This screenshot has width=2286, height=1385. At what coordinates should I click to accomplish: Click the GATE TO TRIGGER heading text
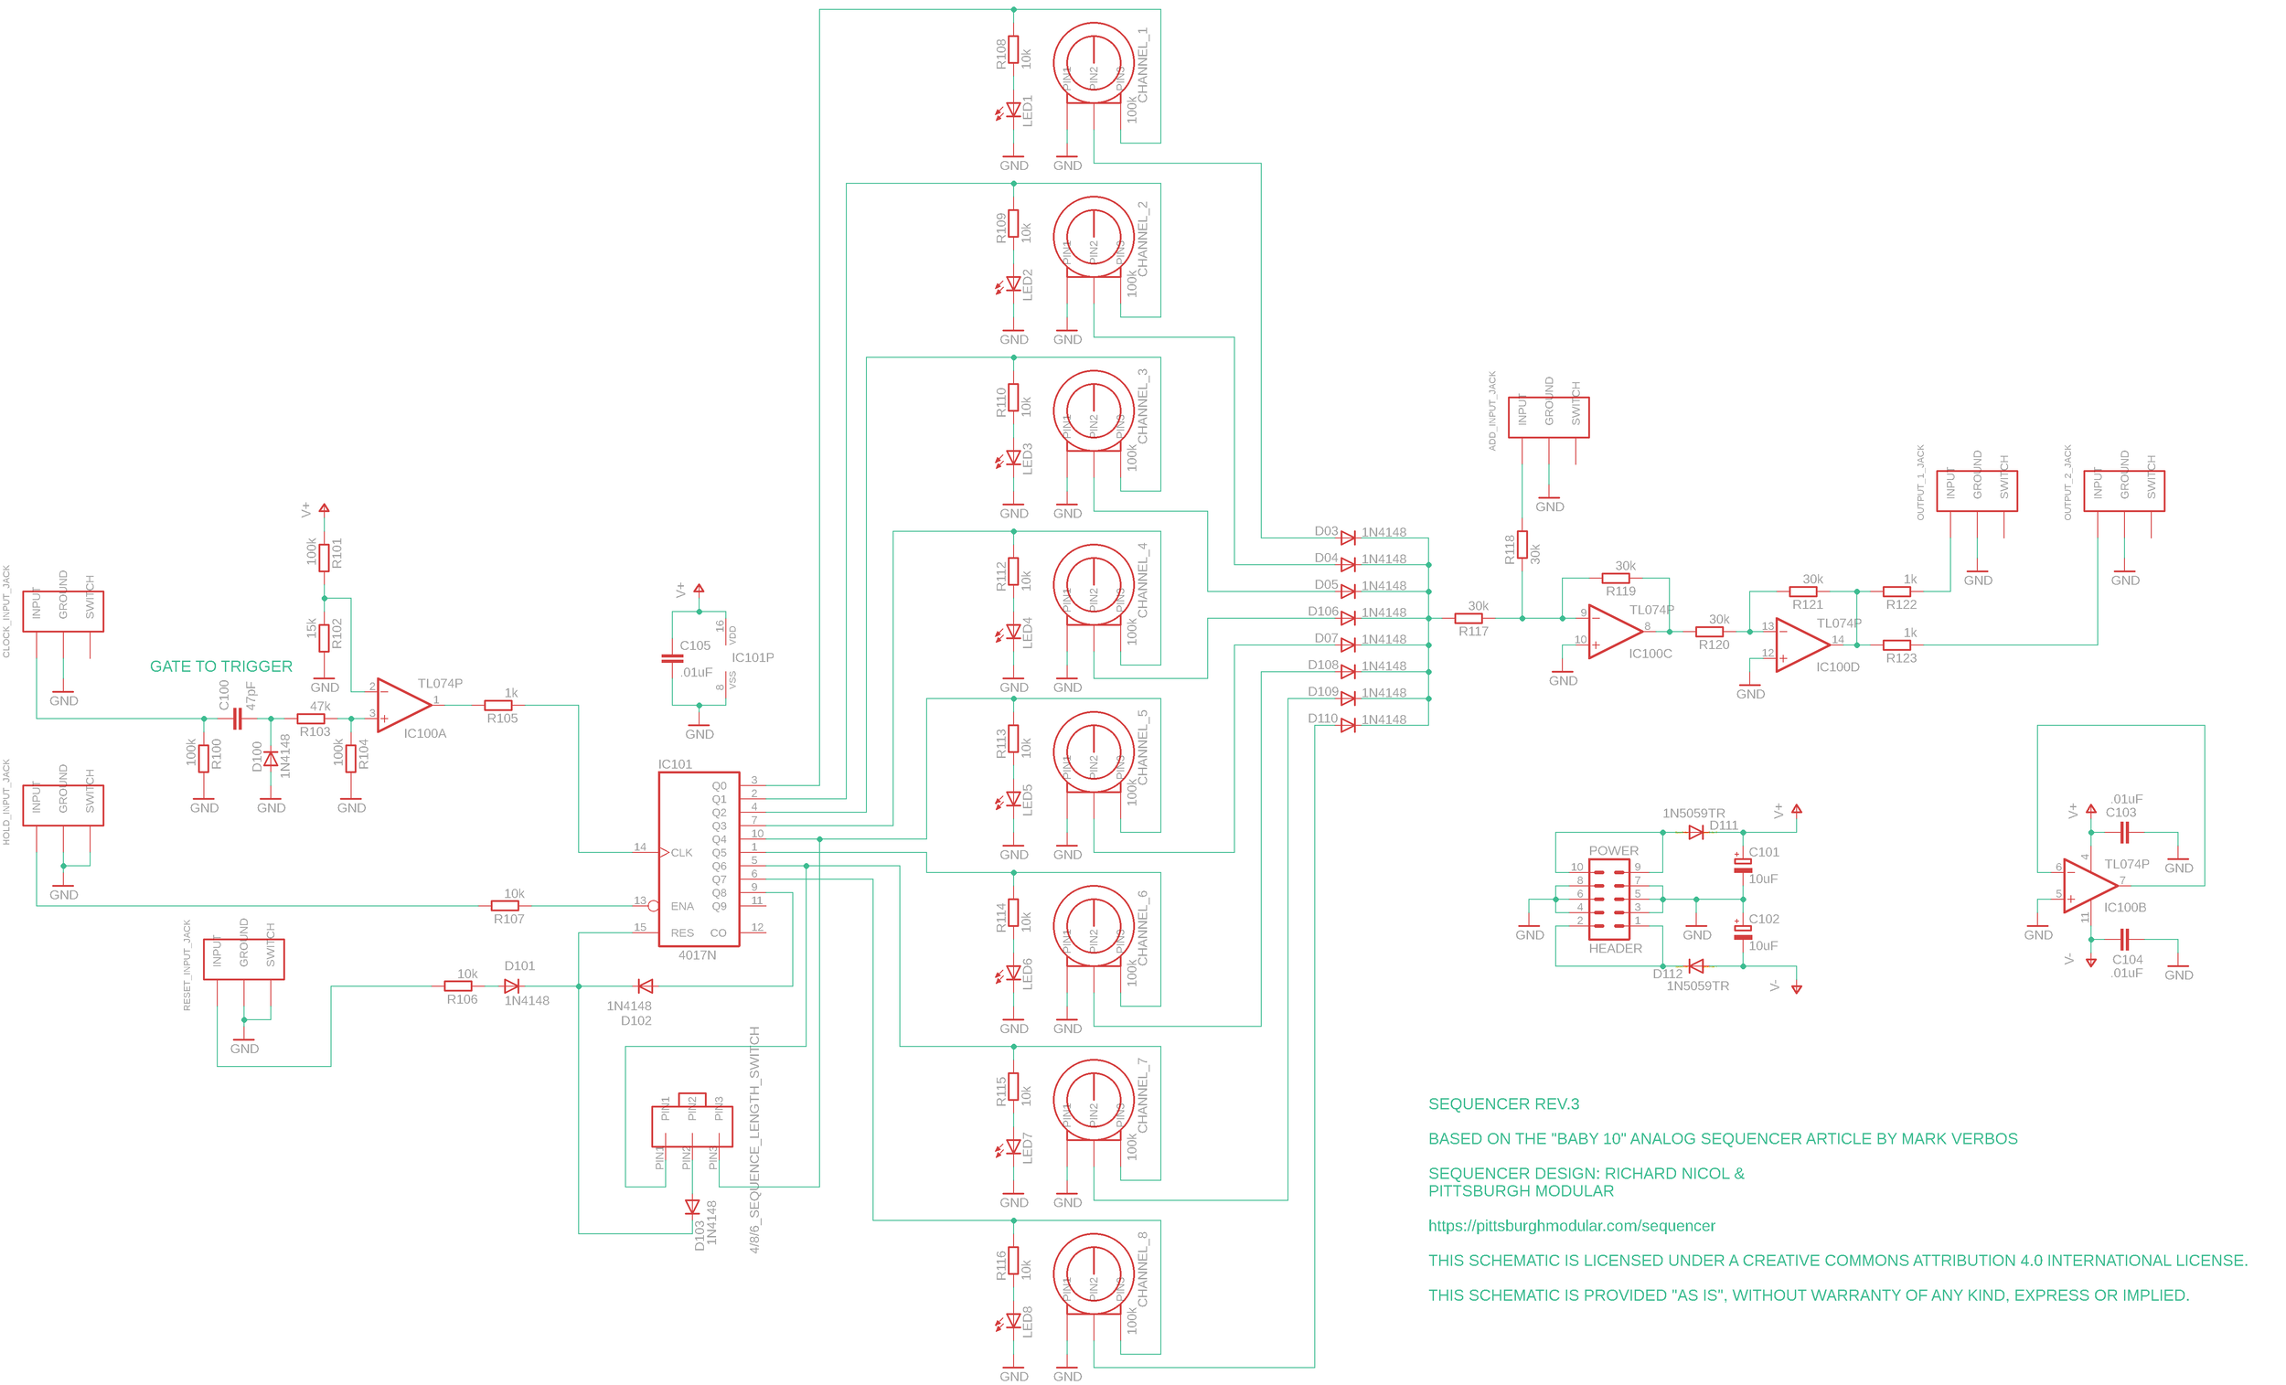pos(220,666)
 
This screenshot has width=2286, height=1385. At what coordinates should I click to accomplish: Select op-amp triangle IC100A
pos(402,705)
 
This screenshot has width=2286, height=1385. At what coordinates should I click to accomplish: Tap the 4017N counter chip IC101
pos(699,859)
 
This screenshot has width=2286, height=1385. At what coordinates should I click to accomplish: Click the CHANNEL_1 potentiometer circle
pos(1093,62)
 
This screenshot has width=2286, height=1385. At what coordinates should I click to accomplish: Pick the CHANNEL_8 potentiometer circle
pos(1093,1273)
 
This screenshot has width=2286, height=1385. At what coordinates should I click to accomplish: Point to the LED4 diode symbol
pos(1013,632)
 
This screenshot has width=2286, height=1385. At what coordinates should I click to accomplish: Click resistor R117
pos(1468,618)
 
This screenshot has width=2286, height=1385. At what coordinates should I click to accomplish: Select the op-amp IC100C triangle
pos(1612,632)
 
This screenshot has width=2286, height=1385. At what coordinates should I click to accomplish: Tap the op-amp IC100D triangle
pos(1800,645)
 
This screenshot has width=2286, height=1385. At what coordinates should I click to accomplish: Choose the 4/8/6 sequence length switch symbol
pos(692,1124)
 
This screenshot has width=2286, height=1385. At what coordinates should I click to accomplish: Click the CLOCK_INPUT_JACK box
pos(63,612)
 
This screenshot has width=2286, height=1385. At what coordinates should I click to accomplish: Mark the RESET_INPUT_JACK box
pos(244,959)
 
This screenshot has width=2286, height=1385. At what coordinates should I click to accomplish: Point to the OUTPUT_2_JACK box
pos(2123,491)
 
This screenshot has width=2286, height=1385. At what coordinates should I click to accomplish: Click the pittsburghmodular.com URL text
pos(1571,1225)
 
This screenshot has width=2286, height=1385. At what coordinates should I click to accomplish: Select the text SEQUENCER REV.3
pos(1503,1104)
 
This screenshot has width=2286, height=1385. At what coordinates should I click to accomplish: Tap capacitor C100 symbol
pos(238,718)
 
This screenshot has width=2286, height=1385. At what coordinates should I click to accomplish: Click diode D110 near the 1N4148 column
pos(1347,725)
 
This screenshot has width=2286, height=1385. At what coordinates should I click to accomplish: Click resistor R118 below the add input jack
pos(1522,545)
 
